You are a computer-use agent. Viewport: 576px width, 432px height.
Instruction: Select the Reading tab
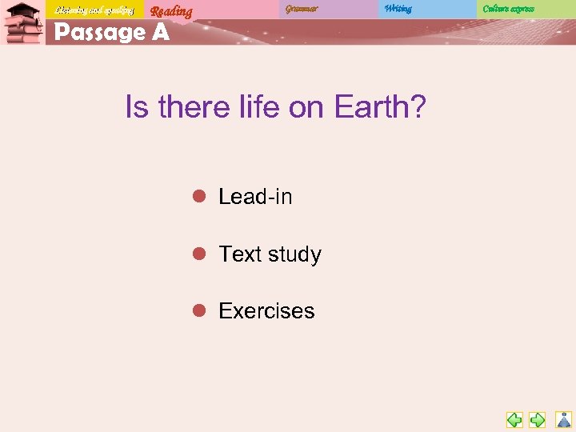coord(171,10)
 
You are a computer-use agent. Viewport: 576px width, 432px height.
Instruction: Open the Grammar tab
coord(302,9)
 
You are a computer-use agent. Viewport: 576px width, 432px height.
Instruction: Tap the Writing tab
coord(398,9)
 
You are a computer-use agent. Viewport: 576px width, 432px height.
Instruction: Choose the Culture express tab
coord(508,9)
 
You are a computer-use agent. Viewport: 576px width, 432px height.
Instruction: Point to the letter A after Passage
coord(159,33)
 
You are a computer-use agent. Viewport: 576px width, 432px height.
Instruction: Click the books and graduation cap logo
coord(22,23)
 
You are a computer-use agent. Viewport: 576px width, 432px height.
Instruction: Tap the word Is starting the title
coord(137,107)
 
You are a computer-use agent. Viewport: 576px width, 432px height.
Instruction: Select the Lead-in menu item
coord(255,197)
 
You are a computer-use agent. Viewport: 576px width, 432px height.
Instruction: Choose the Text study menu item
coord(270,254)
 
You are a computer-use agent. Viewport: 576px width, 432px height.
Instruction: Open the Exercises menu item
coord(266,311)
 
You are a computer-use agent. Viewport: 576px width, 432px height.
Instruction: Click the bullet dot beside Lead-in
coord(200,196)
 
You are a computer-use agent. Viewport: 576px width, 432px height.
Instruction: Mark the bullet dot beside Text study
coord(200,254)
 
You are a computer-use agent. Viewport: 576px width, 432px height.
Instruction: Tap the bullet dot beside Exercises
coord(200,310)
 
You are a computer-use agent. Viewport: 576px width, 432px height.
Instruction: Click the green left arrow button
coord(514,419)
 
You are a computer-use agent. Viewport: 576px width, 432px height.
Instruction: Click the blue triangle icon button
coord(564,419)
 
